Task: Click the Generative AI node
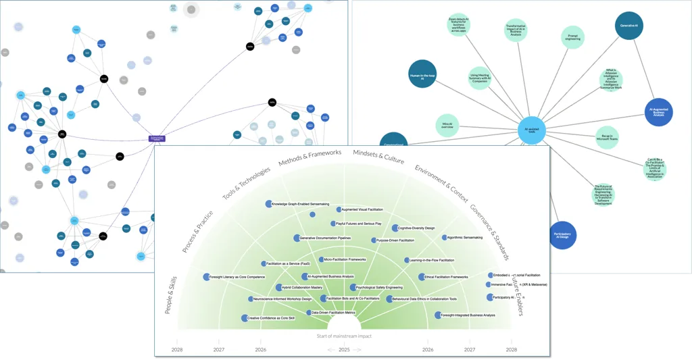click(629, 26)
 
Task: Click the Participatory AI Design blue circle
click(562, 235)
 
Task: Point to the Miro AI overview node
click(447, 126)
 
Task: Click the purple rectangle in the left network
click(157, 138)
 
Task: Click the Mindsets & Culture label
click(378, 157)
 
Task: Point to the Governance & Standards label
click(490, 232)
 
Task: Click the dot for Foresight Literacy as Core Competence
click(207, 277)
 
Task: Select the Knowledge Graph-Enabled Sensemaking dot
click(268, 204)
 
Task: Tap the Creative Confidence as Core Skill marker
click(245, 318)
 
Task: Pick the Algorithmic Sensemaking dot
click(444, 238)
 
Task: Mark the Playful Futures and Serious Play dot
click(333, 224)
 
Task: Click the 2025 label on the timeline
click(344, 350)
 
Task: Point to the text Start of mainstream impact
click(344, 336)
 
